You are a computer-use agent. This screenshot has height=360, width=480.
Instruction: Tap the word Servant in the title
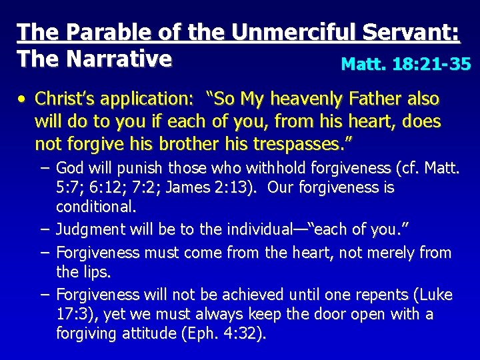tap(407, 33)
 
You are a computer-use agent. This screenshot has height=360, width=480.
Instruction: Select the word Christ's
tap(63, 99)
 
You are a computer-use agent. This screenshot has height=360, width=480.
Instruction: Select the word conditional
tap(96, 207)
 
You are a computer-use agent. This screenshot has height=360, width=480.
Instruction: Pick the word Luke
tap(436, 295)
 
